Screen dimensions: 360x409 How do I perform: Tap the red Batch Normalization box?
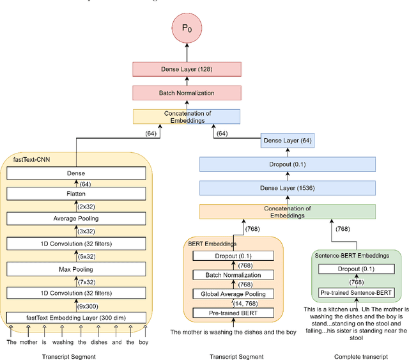coord(186,93)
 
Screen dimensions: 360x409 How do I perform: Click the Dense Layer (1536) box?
coord(287,188)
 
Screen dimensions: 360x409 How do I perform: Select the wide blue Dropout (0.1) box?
coord(287,164)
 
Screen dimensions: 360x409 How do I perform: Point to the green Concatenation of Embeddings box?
coord(287,212)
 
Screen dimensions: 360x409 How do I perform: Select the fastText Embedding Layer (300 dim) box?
coord(76,318)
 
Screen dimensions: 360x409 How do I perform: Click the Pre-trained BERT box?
coord(233,313)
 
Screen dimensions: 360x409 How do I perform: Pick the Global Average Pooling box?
coord(233,294)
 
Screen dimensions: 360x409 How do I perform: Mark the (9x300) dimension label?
coord(88,306)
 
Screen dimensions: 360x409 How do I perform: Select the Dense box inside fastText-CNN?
coord(76,173)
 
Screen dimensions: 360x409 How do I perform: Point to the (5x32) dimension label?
coord(86,256)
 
